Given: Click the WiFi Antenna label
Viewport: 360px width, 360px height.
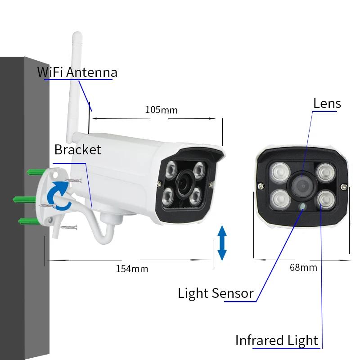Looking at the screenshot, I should (77, 72).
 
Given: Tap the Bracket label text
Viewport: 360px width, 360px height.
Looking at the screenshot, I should (77, 149).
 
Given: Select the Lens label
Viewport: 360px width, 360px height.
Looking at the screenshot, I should (327, 103).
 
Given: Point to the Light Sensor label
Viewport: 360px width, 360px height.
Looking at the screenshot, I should (216, 293).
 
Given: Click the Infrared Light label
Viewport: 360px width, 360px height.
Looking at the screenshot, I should (277, 341).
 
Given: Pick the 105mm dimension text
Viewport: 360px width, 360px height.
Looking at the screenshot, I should (161, 110).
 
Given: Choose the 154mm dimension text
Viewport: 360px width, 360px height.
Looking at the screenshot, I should (132, 269).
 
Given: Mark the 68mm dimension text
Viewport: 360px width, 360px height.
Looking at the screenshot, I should (303, 267).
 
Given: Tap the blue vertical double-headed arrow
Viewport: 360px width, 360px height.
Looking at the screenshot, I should (221, 243).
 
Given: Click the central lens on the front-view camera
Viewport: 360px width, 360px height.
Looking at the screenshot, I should (301, 185).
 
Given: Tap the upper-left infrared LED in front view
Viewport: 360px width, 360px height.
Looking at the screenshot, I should (279, 173).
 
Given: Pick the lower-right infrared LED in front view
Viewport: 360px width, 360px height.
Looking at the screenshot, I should (324, 198).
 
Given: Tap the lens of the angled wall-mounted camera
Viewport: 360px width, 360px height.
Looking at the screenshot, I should (185, 181).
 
